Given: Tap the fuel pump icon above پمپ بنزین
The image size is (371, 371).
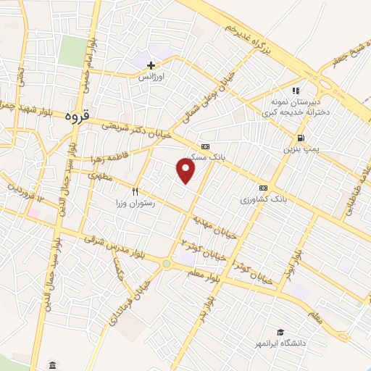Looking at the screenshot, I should coord(300,138).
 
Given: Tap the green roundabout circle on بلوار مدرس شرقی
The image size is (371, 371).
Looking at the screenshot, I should coord(167,263).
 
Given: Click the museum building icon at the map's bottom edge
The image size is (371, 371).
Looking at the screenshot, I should coord(51,364).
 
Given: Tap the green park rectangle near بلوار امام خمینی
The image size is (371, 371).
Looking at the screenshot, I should coord(72,51).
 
